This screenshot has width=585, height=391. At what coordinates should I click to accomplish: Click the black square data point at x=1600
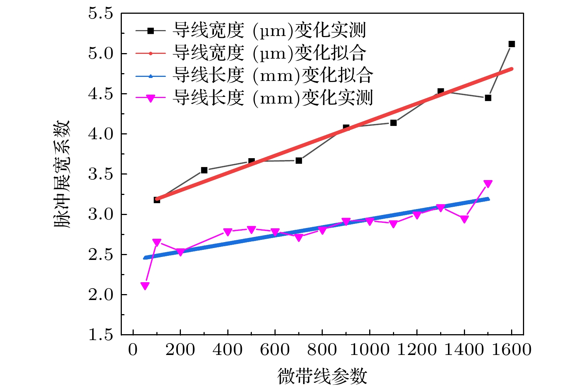511,44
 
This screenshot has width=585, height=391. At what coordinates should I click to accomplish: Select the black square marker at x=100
157,200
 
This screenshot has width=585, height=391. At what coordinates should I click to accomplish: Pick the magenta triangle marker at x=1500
488,184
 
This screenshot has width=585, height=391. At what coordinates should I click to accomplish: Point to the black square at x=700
299,161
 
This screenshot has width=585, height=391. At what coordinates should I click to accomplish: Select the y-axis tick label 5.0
100,53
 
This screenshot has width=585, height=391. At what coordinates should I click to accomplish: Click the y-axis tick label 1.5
100,335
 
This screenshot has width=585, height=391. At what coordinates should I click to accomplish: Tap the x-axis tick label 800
322,350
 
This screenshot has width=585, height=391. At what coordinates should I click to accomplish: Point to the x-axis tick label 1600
511,350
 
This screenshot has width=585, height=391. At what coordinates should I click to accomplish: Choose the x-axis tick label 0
133,350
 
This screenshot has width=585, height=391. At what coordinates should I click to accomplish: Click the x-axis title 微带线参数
322,376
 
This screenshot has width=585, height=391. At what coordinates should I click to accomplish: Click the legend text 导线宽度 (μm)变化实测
269,30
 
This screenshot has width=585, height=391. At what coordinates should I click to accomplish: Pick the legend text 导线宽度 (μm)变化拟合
269,53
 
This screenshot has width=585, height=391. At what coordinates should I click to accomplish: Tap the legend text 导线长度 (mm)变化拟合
273,75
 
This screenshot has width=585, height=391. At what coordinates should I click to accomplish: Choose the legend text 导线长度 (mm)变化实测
273,98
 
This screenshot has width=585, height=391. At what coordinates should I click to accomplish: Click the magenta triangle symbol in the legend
150,98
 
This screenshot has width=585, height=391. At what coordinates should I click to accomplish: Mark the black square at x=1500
488,98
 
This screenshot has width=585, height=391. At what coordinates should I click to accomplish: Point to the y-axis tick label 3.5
100,174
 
